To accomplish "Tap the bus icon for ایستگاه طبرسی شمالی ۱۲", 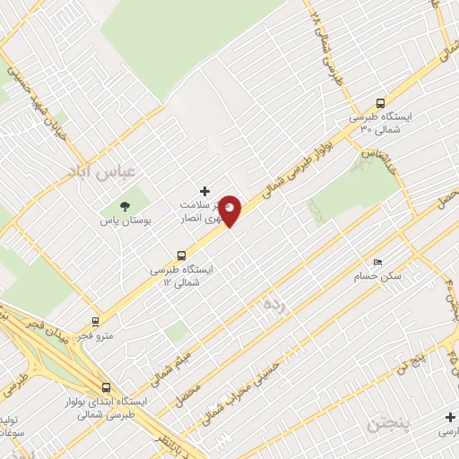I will pos(183,255).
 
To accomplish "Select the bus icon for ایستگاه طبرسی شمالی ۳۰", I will pos(380,102).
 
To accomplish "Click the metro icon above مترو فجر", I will pos(96,322).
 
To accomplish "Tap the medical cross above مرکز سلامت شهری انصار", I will pos(205,191).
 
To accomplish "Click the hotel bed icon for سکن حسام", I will pos(377,262).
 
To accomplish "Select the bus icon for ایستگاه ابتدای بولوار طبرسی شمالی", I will pos(107,388).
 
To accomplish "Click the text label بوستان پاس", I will pos(122,220).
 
